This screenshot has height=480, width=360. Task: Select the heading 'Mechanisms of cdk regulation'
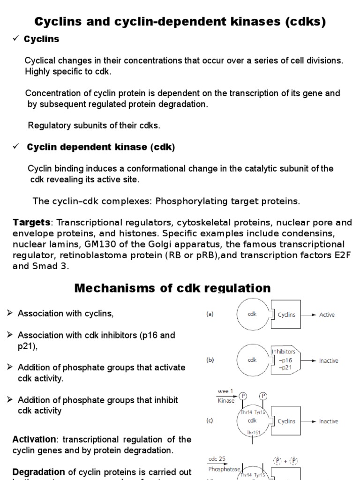click(172, 288)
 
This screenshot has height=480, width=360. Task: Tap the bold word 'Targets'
click(31, 222)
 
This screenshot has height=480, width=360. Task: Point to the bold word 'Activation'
click(34, 439)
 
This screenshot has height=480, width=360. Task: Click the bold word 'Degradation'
click(38, 472)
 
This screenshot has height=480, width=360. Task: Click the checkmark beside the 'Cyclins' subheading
click(15, 39)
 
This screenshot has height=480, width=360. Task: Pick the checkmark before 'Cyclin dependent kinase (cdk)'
click(15, 147)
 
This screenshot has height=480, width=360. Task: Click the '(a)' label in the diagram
click(210, 315)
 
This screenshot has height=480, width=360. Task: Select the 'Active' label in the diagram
click(327, 315)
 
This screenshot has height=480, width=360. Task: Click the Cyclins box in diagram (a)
click(286, 315)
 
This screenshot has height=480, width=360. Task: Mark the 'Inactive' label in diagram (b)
click(329, 361)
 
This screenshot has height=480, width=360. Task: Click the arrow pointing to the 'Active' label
click(307, 315)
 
